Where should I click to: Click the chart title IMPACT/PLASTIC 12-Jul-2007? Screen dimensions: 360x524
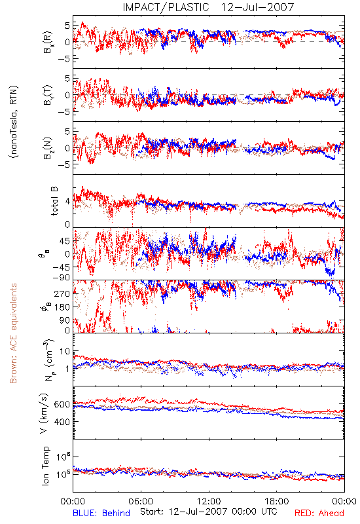208,7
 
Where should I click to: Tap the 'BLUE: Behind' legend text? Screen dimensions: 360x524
101,513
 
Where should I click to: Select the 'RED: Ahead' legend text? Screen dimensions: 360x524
319,513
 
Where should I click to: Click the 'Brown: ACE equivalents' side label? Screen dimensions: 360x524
13,333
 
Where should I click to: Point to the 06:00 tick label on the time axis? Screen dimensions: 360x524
141,501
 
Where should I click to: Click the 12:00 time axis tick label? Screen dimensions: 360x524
209,501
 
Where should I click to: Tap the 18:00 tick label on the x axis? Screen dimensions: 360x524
276,501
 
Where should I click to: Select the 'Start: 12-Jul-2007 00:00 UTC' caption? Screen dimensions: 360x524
208,512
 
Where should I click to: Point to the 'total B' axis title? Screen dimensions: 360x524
54,200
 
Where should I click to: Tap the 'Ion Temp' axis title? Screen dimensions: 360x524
45,465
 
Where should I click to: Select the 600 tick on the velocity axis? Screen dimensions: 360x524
62,404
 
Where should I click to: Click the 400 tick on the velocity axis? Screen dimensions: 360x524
62,422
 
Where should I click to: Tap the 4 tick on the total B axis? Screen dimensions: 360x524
68,202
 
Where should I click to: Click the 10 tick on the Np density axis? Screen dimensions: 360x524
65,352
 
